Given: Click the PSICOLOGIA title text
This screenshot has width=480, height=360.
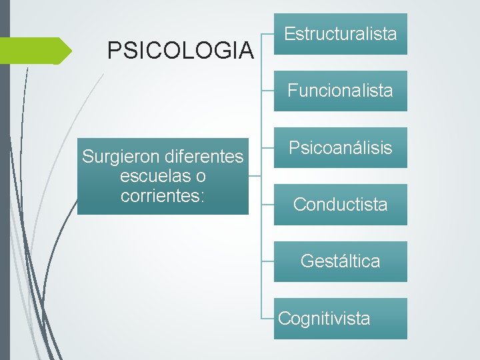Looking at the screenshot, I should click(x=181, y=50).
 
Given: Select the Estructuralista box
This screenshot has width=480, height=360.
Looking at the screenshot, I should click(x=340, y=33).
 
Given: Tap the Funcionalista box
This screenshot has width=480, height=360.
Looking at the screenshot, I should click(x=340, y=91).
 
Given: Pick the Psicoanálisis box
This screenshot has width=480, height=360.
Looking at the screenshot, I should click(x=340, y=147).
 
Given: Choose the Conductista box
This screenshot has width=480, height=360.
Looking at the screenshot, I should click(x=340, y=205).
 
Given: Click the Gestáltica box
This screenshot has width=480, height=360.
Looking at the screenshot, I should click(x=340, y=261).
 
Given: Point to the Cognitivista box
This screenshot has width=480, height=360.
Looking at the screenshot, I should click(x=340, y=319).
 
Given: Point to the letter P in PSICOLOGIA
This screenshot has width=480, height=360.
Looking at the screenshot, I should click(x=114, y=50).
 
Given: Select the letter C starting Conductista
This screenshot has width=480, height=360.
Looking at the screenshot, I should click(x=299, y=205).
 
